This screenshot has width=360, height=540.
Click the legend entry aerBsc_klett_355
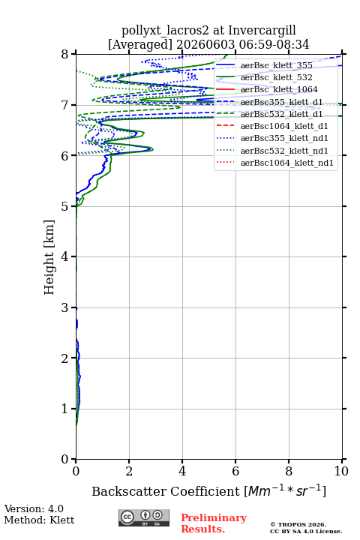276,65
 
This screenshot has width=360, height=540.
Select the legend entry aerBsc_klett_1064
279,89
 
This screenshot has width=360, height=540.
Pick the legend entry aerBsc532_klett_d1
281,114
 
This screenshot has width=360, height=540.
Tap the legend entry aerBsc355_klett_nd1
284,138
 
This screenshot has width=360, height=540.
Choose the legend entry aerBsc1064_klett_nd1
287,163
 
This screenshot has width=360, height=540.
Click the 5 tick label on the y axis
65,206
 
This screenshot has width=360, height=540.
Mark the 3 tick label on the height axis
65,307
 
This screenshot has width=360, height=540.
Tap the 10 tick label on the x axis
341,471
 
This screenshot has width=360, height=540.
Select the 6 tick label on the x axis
235,471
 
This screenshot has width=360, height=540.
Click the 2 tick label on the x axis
129,471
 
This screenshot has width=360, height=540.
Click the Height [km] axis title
49,257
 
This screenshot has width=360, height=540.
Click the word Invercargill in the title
262,30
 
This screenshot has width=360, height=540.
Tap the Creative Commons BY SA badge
144,518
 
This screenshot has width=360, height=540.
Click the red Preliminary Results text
214,523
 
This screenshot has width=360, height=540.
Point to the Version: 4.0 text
34,508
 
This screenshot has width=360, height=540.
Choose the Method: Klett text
39,520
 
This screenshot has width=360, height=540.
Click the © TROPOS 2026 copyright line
298,524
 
